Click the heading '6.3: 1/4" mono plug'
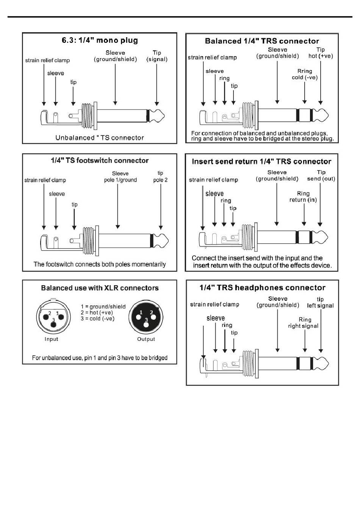[100, 41]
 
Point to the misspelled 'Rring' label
[305, 71]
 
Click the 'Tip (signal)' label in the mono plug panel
[157, 56]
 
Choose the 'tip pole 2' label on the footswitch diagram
[160, 177]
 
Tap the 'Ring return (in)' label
[303, 197]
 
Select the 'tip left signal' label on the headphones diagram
[320, 303]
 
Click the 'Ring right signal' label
[304, 323]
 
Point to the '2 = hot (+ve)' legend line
[97, 312]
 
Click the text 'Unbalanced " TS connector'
[100, 138]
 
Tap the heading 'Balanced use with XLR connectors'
[100, 288]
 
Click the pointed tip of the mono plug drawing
[163, 114]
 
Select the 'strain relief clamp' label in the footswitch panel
[45, 180]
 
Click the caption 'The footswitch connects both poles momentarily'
[100, 264]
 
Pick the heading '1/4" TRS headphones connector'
[262, 288]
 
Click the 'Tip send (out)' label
[321, 176]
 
